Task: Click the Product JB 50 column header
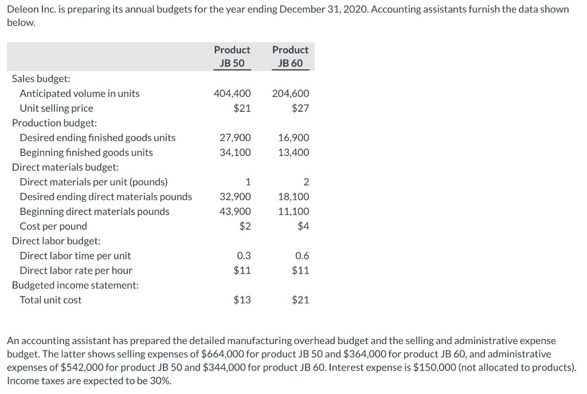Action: point(232,56)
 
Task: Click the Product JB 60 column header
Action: point(290,56)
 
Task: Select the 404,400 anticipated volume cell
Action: point(232,93)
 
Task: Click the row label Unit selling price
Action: point(56,108)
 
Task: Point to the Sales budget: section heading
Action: point(41,79)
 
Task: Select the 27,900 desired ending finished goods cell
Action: point(235,138)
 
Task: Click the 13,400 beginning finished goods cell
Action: point(293,153)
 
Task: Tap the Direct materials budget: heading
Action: point(65,167)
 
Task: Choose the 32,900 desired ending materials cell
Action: point(235,197)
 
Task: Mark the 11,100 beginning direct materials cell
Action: point(293,212)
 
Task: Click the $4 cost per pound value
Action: point(303,227)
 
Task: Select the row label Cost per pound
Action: point(53,227)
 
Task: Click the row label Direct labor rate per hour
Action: point(76,271)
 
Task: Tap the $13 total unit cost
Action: point(242,300)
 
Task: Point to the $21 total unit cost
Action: point(300,300)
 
